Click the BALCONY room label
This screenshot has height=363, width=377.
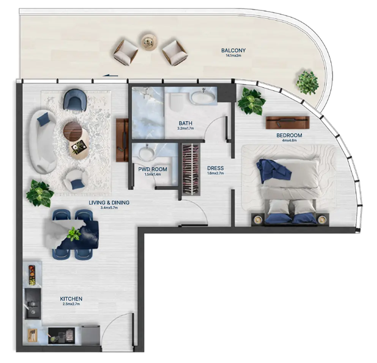point(233,50)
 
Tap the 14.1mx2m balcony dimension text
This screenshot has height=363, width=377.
point(233,56)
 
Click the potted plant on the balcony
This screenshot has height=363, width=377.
point(308,82)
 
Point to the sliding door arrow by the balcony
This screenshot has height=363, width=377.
point(110,75)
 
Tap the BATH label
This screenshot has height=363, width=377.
point(185,123)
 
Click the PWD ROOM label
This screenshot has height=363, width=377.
point(153,170)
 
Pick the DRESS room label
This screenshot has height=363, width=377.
point(216,168)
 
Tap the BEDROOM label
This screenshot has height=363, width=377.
point(289,135)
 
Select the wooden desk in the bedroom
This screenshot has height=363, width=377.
point(287,122)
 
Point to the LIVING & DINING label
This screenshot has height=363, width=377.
point(109,203)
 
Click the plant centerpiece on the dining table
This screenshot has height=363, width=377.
point(73,233)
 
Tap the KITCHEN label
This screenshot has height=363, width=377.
point(71,299)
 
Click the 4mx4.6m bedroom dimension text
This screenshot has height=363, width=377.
point(289,141)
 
